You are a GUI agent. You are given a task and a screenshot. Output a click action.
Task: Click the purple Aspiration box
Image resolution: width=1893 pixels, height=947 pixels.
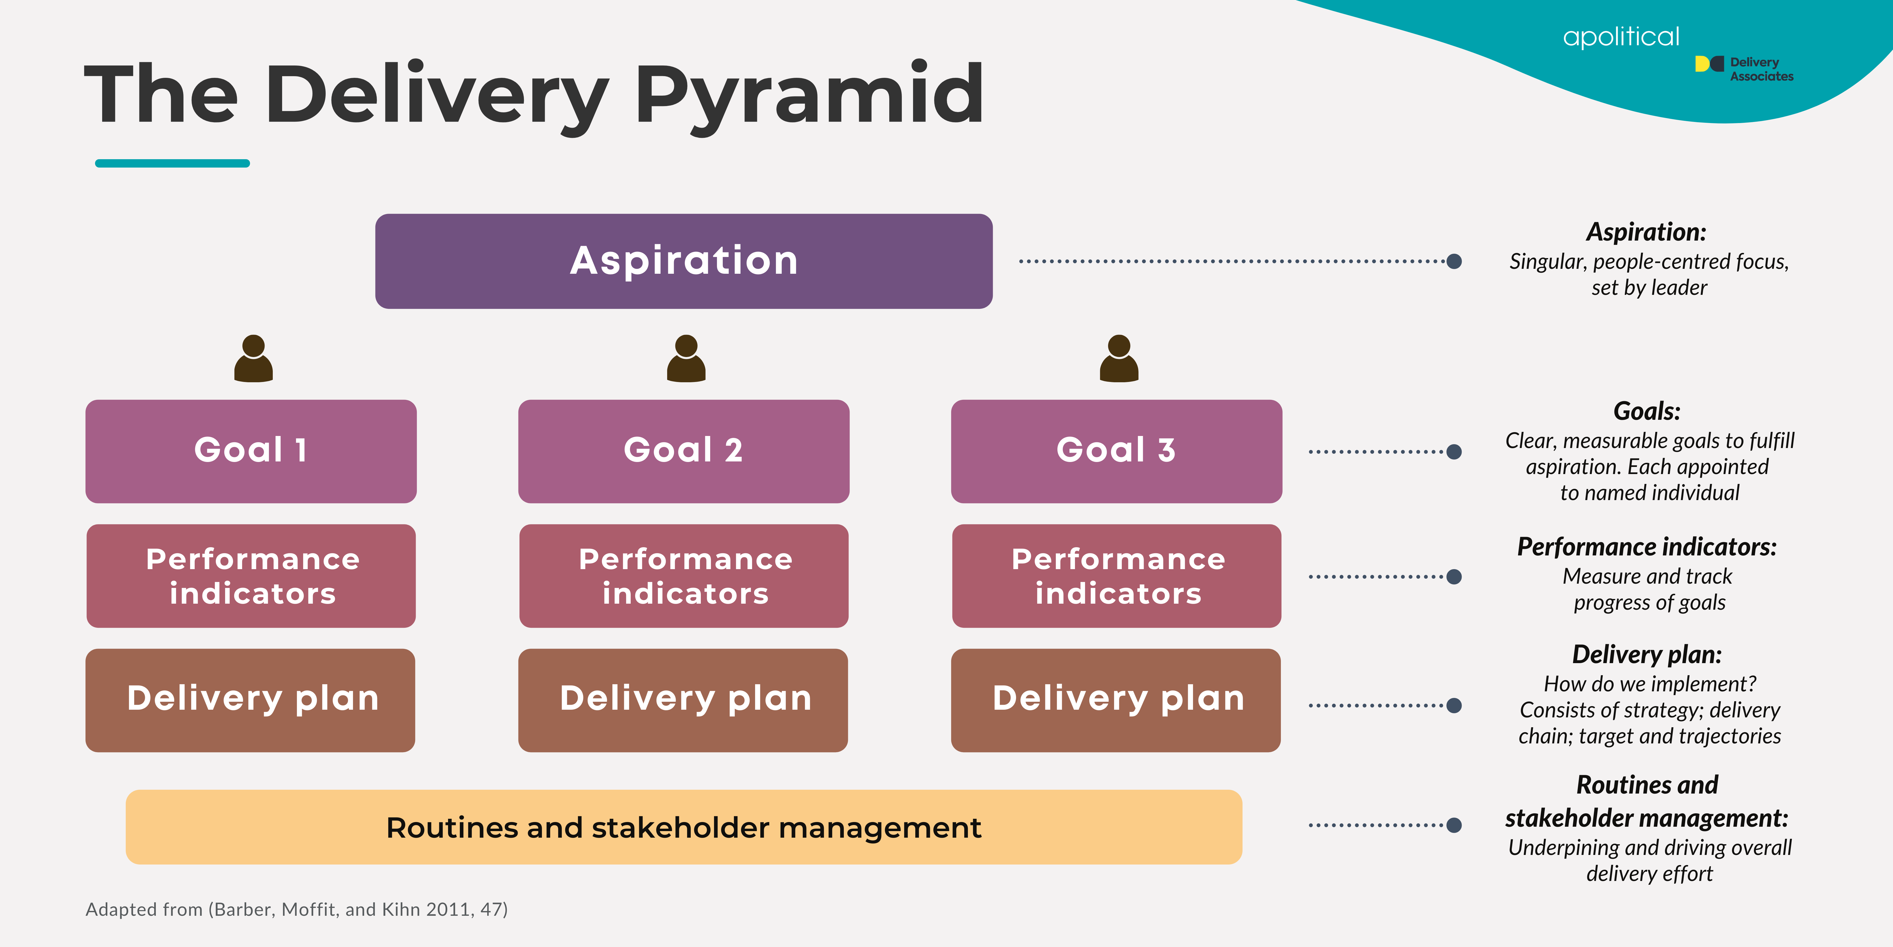[683, 261]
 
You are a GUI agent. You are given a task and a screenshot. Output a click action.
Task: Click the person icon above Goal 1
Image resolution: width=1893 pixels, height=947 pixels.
[254, 359]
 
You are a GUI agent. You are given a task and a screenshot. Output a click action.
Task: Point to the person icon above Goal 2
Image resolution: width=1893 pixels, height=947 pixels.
[686, 359]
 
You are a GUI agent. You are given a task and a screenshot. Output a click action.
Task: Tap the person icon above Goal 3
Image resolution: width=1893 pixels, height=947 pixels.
[1119, 359]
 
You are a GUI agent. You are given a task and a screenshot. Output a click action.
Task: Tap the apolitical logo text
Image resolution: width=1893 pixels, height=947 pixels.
[1621, 37]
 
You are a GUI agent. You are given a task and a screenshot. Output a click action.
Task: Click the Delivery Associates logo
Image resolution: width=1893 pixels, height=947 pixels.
[1744, 69]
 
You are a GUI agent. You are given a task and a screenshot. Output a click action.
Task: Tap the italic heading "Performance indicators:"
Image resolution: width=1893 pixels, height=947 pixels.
[1647, 547]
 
